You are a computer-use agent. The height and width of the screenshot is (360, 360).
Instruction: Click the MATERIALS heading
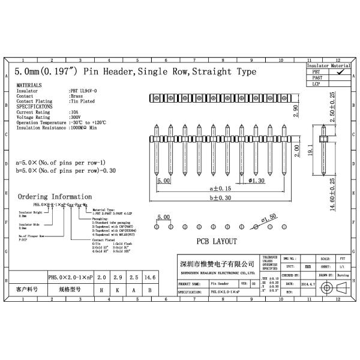point(29,86)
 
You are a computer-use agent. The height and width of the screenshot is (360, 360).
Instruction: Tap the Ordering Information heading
point(55,197)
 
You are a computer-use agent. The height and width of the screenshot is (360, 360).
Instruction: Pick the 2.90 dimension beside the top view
point(295,112)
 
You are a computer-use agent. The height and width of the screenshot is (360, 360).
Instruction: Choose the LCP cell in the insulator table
point(317,84)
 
